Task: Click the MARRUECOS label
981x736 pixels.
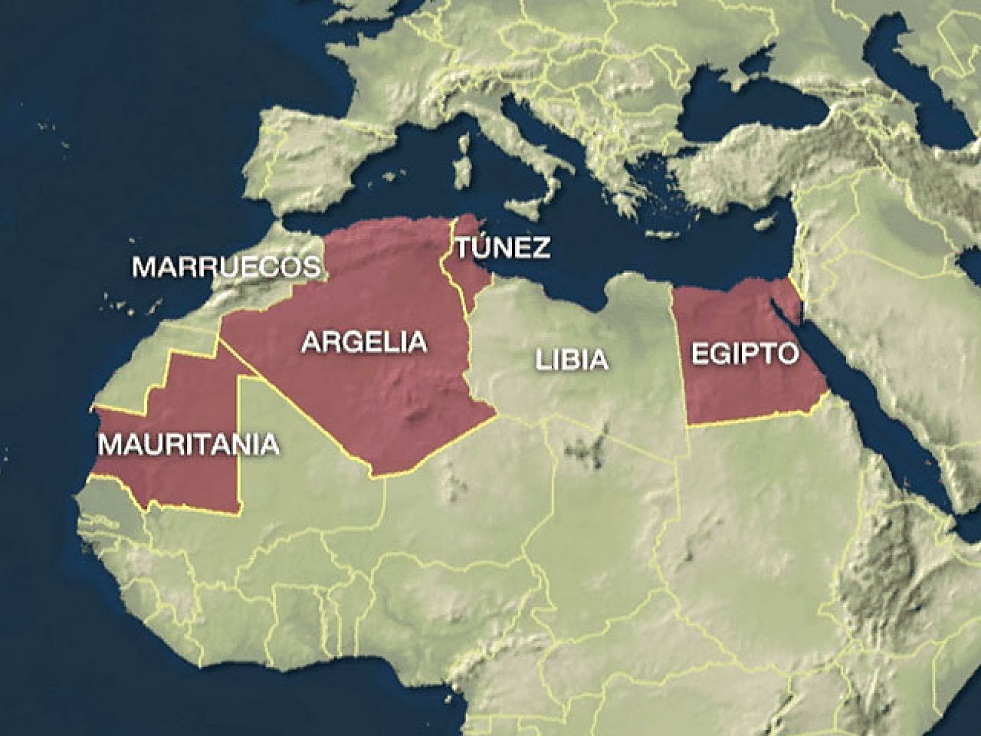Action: click(x=226, y=267)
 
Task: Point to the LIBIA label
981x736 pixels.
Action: click(x=572, y=359)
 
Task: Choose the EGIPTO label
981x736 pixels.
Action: click(x=745, y=354)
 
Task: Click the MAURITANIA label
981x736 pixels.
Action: click(x=189, y=444)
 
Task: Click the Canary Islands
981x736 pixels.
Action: click(x=132, y=307)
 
